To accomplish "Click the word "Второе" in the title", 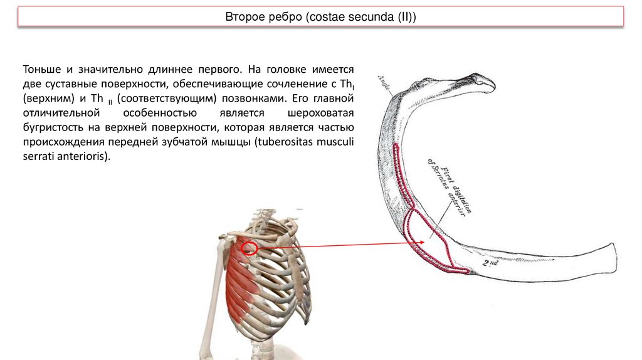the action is coord(242,17).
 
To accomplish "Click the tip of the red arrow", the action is coord(429,243).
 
